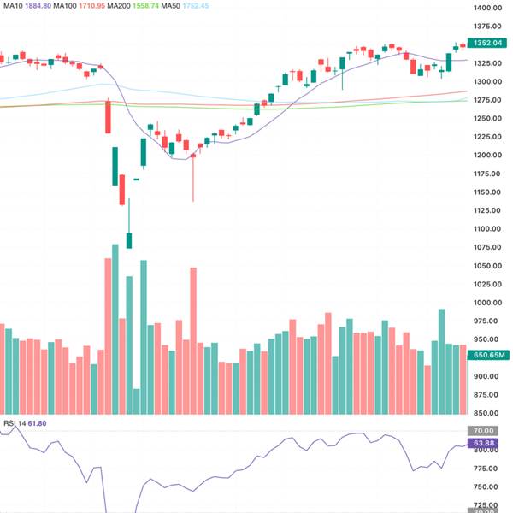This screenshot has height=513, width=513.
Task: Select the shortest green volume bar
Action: point(136,402)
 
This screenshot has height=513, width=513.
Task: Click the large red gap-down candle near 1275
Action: point(109,116)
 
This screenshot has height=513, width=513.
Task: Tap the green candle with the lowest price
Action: point(129,239)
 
